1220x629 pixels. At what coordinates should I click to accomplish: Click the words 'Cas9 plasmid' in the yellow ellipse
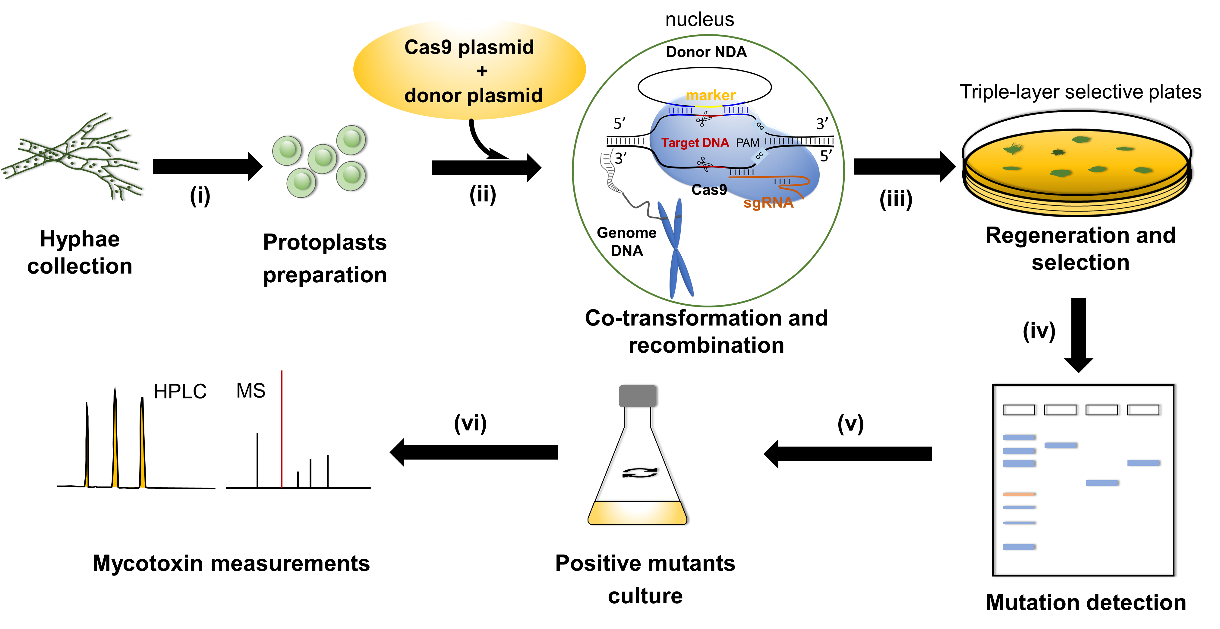469,47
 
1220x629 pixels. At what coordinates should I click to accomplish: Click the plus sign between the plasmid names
482,71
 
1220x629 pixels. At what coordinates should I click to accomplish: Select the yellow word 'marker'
711,95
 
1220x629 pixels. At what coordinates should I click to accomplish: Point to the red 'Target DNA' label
695,143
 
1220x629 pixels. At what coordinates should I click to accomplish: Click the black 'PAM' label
747,143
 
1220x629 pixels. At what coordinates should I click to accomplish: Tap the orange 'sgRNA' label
768,203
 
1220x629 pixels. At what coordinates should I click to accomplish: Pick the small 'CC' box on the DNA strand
759,155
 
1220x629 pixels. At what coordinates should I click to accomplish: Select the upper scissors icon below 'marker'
703,119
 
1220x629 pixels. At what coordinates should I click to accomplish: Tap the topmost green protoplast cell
351,140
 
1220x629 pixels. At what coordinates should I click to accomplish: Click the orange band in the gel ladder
1018,494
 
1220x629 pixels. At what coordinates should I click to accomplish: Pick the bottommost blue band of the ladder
1018,547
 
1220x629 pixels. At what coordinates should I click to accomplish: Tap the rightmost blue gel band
1143,463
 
